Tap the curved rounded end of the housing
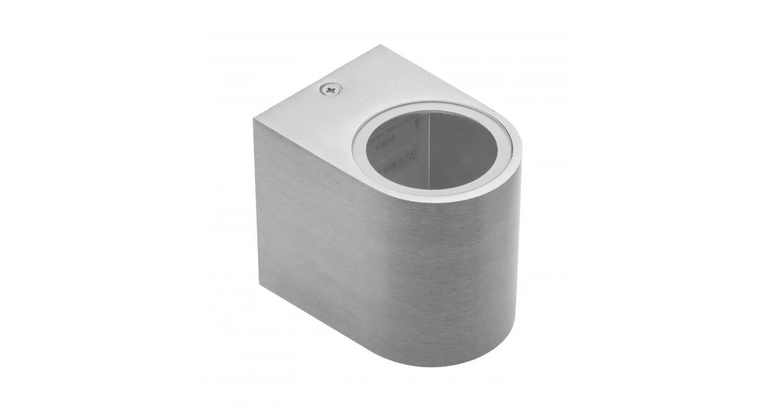[462, 268]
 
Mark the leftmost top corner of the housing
[255, 119]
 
